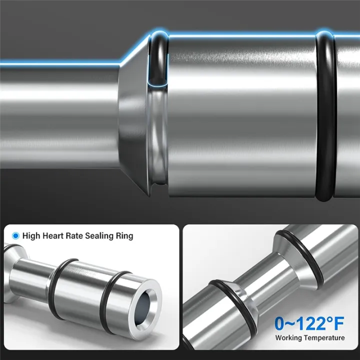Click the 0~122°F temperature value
tap(309, 323)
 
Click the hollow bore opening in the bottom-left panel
tap(146, 304)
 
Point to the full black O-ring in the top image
tap(324, 115)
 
